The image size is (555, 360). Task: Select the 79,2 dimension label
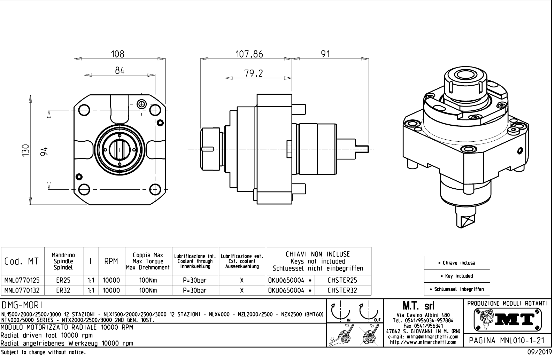tap(254, 73)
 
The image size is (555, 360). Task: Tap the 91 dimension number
tap(325, 54)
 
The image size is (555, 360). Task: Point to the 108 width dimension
tap(117, 54)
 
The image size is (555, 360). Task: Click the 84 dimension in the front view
tap(120, 71)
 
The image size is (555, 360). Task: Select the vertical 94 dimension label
tap(44, 151)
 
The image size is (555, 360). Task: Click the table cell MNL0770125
tap(22, 280)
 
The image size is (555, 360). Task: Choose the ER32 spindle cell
tap(63, 290)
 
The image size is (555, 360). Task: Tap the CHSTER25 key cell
tap(342, 280)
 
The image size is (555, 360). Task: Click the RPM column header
tap(111, 261)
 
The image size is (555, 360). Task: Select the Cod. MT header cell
tap(22, 261)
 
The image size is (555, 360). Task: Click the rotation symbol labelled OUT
tap(370, 311)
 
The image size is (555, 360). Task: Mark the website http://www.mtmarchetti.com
tap(423, 342)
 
